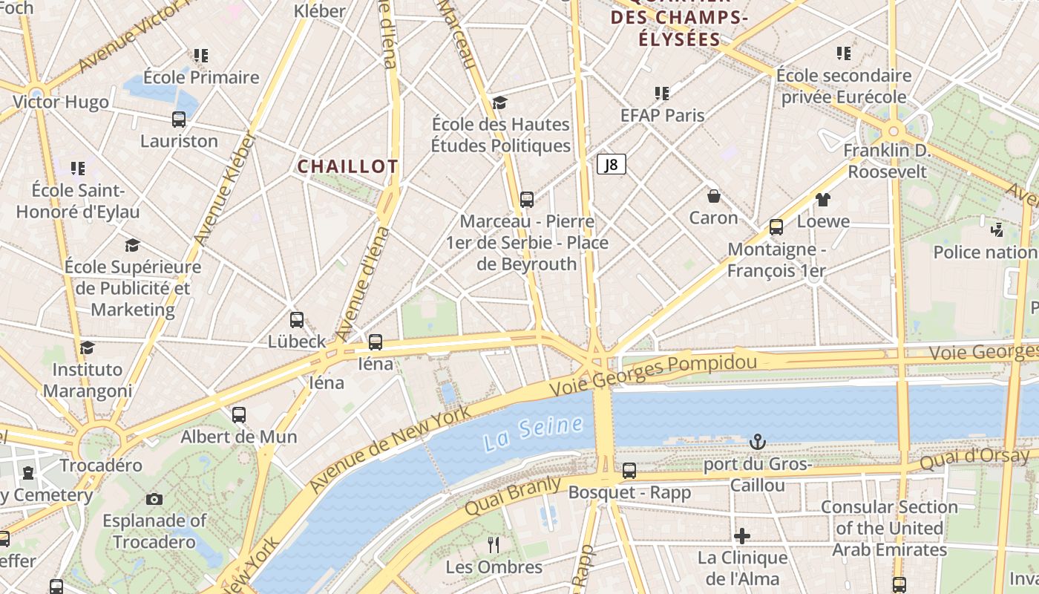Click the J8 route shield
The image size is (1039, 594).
tap(612, 164)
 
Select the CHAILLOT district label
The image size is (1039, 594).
tap(347, 166)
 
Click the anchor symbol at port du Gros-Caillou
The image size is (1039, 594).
tap(757, 443)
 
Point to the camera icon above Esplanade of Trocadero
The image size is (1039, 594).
tap(154, 499)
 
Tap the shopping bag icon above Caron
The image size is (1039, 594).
tap(713, 196)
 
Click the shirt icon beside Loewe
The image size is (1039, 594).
tap(822, 199)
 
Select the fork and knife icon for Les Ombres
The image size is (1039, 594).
tap(494, 545)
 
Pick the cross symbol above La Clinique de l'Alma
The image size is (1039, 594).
tap(742, 536)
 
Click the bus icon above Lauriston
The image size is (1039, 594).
tap(179, 119)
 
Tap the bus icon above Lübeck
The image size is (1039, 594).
tap(297, 320)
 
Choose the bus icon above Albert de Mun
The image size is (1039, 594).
tap(239, 415)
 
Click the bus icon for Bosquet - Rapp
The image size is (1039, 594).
tap(629, 470)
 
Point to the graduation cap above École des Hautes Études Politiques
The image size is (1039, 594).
tap(500, 102)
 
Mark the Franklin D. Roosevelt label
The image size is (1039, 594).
tap(887, 161)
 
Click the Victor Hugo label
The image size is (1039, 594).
tap(61, 102)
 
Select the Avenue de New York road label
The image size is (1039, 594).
tap(390, 449)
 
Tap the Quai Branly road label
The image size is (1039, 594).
tap(512, 496)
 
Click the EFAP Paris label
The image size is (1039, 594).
tap(663, 115)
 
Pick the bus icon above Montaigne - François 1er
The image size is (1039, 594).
tap(776, 227)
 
